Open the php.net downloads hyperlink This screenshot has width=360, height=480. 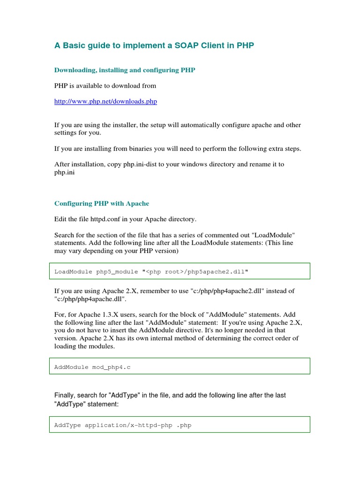click(x=105, y=101)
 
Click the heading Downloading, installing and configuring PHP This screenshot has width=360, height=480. click(x=125, y=70)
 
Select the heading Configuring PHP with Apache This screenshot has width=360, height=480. click(x=102, y=203)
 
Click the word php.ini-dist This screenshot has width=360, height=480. click(x=143, y=165)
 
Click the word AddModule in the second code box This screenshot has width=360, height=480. click(x=71, y=367)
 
